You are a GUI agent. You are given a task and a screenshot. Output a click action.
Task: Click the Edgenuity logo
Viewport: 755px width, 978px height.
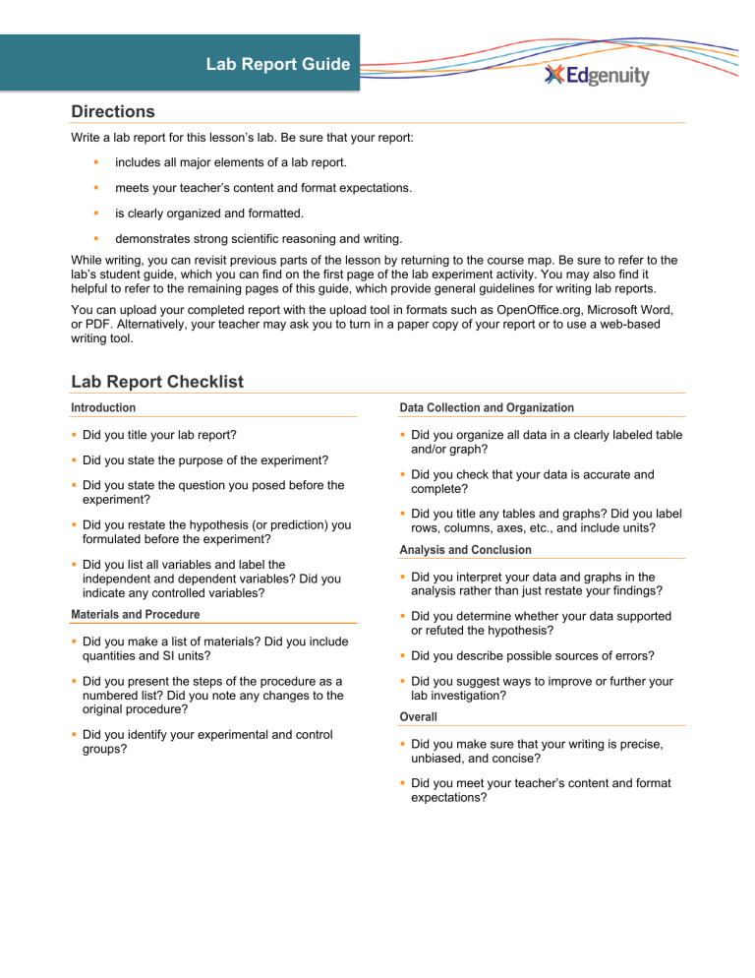597,76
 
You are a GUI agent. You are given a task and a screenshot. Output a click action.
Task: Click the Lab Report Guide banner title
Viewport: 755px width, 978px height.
277,65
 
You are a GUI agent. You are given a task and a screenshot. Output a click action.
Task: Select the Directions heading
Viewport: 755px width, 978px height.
113,112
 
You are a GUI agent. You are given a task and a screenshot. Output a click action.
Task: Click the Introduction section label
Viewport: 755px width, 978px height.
103,407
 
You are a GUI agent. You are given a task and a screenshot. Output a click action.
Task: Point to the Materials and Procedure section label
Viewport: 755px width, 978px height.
135,614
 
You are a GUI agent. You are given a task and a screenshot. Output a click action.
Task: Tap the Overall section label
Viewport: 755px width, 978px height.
419,717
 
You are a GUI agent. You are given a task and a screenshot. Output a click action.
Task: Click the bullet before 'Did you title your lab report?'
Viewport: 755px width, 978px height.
75,434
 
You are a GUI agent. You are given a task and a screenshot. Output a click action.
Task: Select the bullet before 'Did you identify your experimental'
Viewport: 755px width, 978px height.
75,735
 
